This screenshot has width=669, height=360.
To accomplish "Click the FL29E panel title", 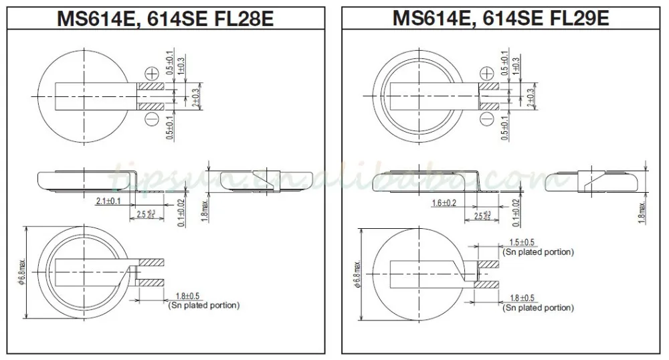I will (500, 18).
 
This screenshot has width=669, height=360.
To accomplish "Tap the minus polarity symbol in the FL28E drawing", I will (152, 120).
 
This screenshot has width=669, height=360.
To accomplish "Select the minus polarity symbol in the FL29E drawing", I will (487, 120).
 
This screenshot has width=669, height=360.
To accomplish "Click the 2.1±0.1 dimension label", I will (108, 200).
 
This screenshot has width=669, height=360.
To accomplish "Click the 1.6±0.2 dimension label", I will (444, 202).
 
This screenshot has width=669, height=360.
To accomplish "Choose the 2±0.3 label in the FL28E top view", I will (195, 97).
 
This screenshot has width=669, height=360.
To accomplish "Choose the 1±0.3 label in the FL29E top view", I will (516, 66).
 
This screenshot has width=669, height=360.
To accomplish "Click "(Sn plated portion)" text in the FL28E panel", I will (201, 305).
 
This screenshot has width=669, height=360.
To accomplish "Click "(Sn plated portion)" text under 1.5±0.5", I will (538, 252).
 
